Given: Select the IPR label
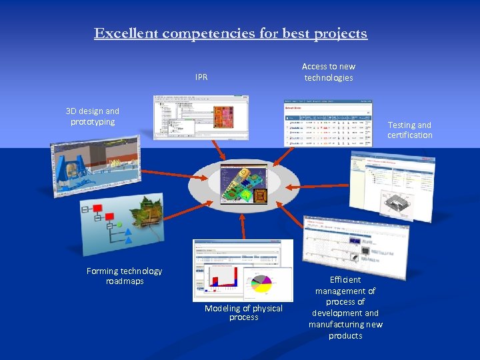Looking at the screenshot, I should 201,77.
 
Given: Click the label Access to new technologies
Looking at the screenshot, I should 329,72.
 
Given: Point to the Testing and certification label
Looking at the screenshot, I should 409,130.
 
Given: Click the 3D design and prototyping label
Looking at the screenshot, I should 93,117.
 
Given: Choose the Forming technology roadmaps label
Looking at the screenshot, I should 124,276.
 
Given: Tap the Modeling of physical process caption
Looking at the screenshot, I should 243,313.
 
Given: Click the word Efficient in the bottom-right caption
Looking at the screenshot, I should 345,280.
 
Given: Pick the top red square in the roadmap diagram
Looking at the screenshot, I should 98,208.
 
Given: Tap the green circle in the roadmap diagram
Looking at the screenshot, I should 119,225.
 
